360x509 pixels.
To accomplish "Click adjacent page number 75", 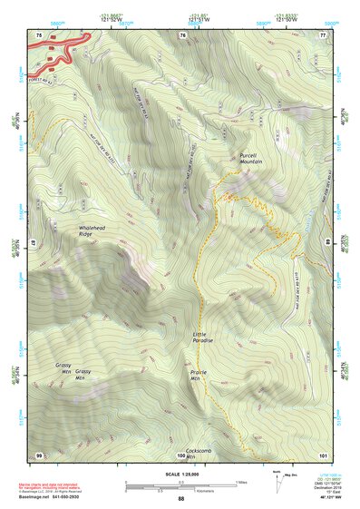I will (39, 34).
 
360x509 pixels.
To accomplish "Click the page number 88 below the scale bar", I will (180, 499).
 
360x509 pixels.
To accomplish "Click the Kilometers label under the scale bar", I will (181, 493).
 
